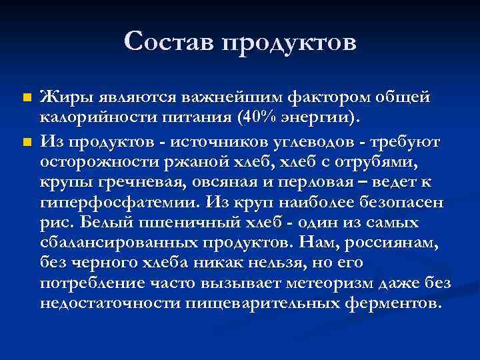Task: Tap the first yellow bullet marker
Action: tap(26, 98)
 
